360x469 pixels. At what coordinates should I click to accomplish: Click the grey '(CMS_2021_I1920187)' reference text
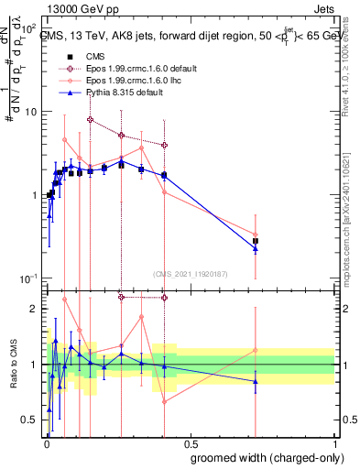coord(191,273)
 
